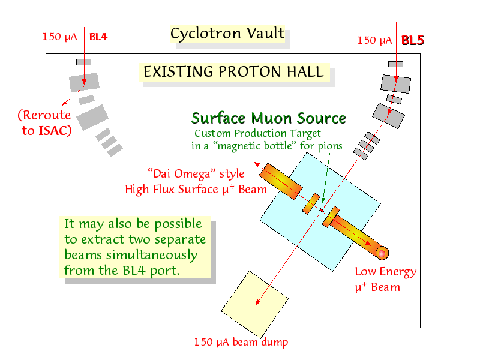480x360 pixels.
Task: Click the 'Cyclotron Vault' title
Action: click(x=227, y=34)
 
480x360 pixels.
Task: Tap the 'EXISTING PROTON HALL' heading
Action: click(x=233, y=71)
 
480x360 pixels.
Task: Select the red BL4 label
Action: click(x=98, y=37)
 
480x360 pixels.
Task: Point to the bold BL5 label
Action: click(x=413, y=40)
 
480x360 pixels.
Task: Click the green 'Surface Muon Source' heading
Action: click(x=268, y=118)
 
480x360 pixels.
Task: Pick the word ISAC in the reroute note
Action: click(x=53, y=131)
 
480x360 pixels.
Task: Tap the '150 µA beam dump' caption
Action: click(x=241, y=342)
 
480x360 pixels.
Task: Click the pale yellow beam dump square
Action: click(x=254, y=305)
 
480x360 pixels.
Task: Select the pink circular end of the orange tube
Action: click(x=382, y=253)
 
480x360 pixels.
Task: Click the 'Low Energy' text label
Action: click(x=386, y=272)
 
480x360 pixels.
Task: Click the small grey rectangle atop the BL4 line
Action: click(x=83, y=62)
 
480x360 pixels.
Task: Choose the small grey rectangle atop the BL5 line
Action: click(x=395, y=64)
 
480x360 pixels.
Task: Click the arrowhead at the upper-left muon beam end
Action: click(x=257, y=164)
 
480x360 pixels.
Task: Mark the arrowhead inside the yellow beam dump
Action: click(x=258, y=302)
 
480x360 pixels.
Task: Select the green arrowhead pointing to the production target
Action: click(x=323, y=200)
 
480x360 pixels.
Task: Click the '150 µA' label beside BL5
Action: click(x=374, y=41)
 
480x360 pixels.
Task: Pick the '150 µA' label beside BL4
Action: click(x=59, y=37)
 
